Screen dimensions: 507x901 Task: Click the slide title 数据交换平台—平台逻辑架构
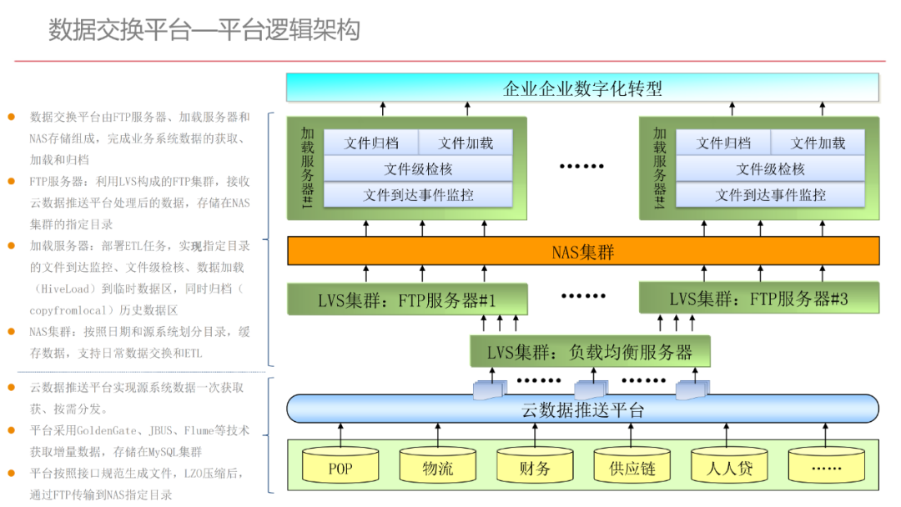[204, 31]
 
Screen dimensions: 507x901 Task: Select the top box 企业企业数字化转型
[582, 88]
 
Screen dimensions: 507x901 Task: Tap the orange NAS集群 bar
[582, 251]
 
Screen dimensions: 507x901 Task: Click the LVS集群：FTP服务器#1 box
[407, 299]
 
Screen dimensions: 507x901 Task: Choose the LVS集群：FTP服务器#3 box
[758, 299]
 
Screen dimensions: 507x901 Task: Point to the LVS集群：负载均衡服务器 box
[589, 351]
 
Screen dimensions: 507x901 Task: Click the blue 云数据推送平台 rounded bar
[582, 409]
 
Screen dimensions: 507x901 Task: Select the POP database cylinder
[340, 467]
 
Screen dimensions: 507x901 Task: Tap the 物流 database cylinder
[437, 467]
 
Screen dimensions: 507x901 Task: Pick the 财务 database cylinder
[535, 467]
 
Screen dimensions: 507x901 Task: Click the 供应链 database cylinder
[632, 467]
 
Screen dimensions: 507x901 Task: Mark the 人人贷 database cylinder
[729, 467]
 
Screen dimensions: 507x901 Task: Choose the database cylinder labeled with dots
[826, 467]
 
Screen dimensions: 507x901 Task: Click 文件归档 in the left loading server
[370, 143]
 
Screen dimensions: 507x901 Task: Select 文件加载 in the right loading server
[818, 143]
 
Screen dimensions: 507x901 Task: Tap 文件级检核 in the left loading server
[418, 169]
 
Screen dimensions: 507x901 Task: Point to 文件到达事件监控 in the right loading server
[770, 195]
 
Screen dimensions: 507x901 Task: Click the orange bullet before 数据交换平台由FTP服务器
[12, 117]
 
